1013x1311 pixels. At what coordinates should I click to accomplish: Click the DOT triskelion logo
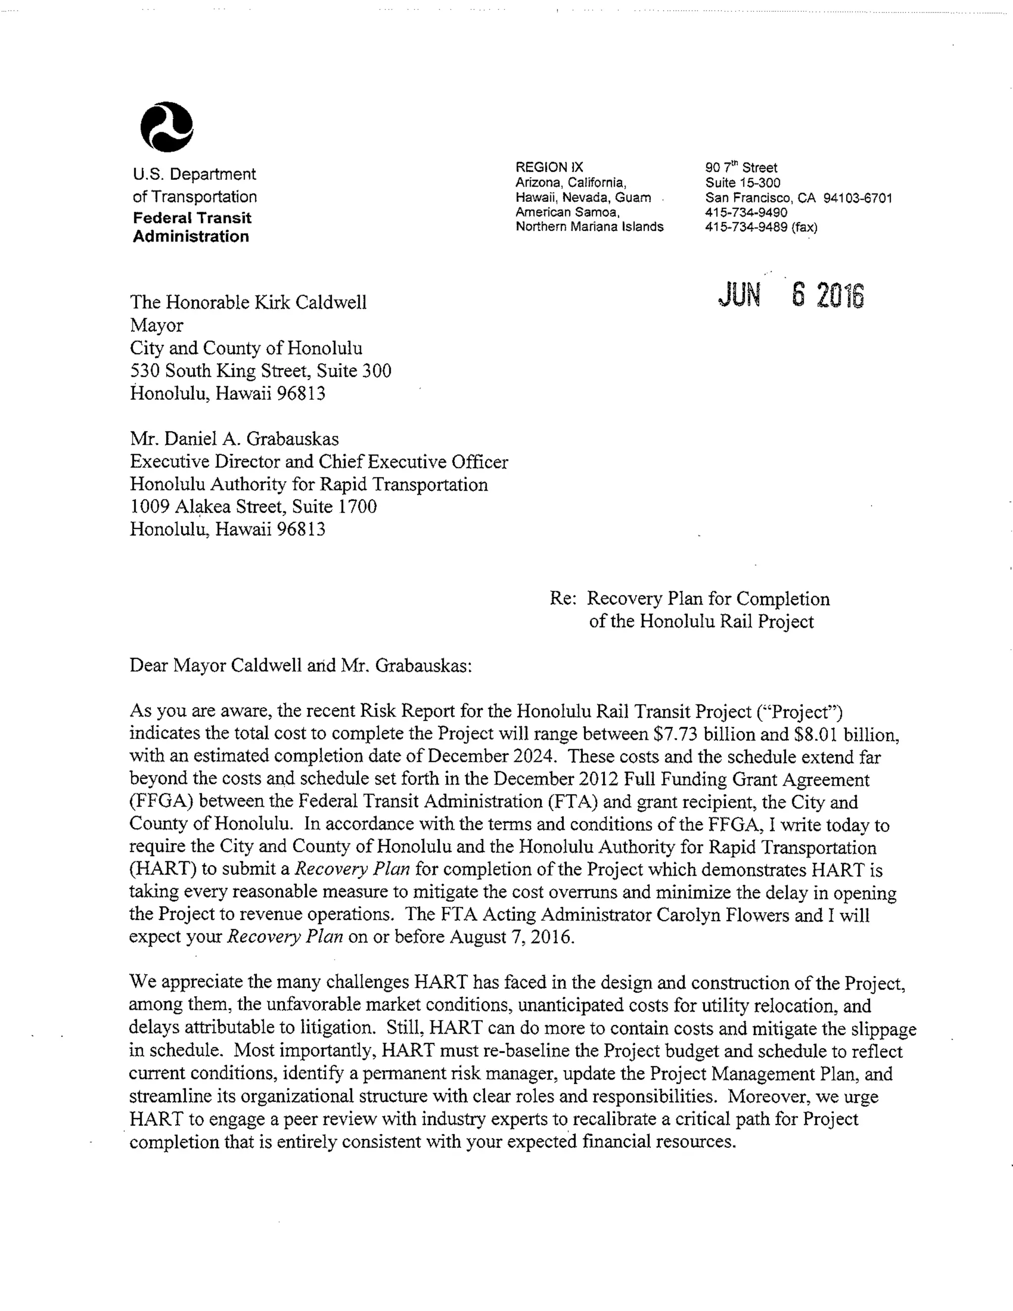pyautogui.click(x=166, y=127)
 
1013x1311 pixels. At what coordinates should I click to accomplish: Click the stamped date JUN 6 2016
pyautogui.click(x=790, y=295)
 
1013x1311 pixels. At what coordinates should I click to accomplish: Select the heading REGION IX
pyautogui.click(x=549, y=168)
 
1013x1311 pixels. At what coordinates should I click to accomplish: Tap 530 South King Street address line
pyautogui.click(x=261, y=371)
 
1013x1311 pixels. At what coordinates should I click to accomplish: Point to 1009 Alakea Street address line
pyautogui.click(x=253, y=507)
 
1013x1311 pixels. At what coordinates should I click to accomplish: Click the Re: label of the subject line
pyautogui.click(x=563, y=599)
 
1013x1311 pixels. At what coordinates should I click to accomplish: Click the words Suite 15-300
pyautogui.click(x=742, y=183)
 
